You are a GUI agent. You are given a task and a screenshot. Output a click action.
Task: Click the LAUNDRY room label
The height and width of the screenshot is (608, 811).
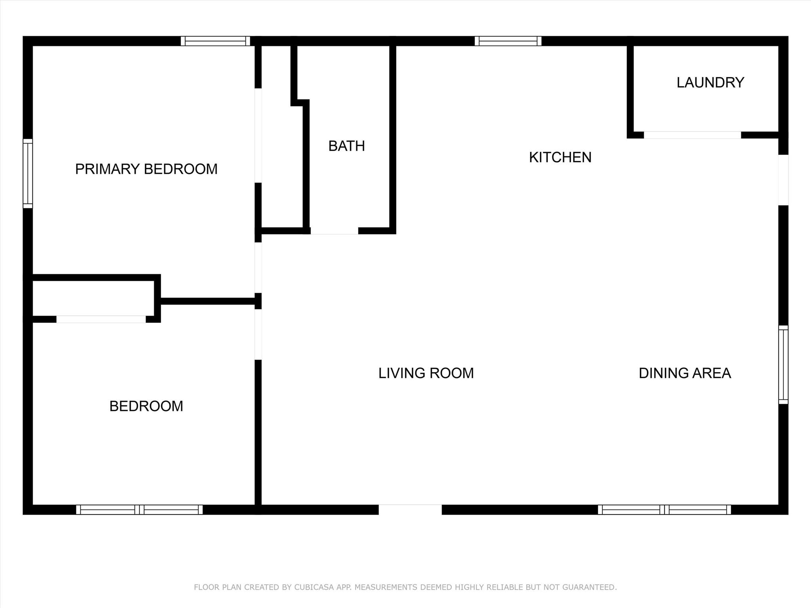pyautogui.click(x=710, y=82)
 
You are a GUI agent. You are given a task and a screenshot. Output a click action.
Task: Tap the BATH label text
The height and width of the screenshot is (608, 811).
pyautogui.click(x=346, y=146)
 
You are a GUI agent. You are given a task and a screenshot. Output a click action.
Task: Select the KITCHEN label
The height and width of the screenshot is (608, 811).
pyautogui.click(x=560, y=158)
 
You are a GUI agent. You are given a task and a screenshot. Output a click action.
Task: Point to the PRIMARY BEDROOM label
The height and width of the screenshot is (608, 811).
pyautogui.click(x=146, y=169)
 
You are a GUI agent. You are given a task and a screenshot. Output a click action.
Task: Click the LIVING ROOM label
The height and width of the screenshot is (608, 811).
pyautogui.click(x=426, y=373)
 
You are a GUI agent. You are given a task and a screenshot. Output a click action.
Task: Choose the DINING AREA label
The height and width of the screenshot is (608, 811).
pyautogui.click(x=685, y=373)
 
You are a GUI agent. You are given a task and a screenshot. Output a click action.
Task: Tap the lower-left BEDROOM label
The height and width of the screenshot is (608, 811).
pyautogui.click(x=146, y=406)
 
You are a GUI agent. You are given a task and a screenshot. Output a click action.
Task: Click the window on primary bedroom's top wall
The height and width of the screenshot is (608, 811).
pyautogui.click(x=215, y=41)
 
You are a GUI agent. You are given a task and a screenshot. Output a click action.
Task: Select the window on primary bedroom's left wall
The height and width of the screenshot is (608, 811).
pyautogui.click(x=28, y=173)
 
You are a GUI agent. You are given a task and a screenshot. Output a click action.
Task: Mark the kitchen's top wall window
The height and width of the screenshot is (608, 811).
pyautogui.click(x=508, y=41)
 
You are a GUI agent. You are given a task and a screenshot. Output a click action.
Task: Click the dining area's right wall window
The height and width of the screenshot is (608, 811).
pyautogui.click(x=783, y=365)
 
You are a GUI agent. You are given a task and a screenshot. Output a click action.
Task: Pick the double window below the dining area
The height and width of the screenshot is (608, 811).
pyautogui.click(x=664, y=509)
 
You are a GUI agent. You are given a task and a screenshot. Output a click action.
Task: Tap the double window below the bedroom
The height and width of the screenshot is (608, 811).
pyautogui.click(x=139, y=509)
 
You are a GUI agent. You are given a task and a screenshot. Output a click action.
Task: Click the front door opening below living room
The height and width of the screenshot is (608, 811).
pyautogui.click(x=410, y=509)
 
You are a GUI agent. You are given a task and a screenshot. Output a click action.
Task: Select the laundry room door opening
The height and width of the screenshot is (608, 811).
pyautogui.click(x=692, y=135)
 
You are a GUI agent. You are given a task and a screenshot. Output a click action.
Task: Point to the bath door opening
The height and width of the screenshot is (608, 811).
pyautogui.click(x=334, y=231)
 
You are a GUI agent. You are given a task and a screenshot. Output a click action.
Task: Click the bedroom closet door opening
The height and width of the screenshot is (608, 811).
pyautogui.click(x=101, y=319)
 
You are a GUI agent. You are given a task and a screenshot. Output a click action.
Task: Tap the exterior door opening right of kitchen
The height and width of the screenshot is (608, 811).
pyautogui.click(x=783, y=180)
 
